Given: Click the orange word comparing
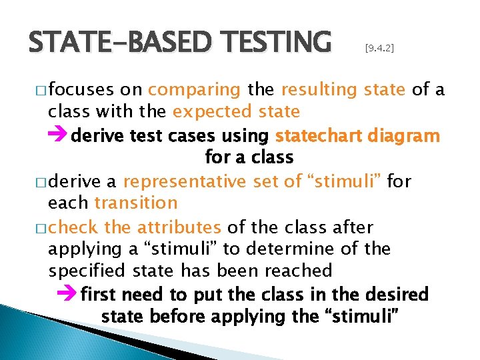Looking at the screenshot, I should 195,90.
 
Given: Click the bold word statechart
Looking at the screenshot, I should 317,136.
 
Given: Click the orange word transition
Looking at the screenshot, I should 136,203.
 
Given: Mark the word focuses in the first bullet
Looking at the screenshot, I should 81,90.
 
